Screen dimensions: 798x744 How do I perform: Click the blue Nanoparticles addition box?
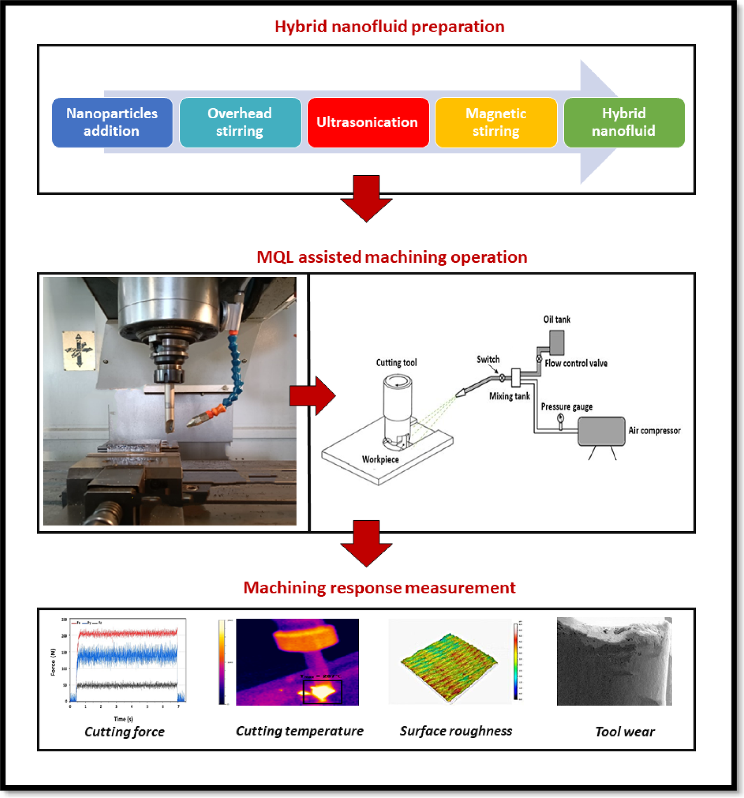(x=112, y=122)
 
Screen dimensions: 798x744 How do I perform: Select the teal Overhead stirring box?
(x=240, y=122)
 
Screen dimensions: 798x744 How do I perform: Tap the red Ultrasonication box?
(x=367, y=122)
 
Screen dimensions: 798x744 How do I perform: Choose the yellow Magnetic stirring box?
(x=496, y=122)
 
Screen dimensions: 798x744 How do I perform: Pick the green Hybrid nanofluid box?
(x=624, y=122)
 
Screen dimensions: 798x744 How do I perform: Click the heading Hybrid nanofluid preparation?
(x=389, y=27)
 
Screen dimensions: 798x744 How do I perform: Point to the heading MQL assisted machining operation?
(x=391, y=257)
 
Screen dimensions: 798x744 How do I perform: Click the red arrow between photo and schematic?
(x=312, y=395)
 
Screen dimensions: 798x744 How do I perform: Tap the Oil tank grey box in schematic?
(x=557, y=342)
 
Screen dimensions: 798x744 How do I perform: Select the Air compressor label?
(x=654, y=431)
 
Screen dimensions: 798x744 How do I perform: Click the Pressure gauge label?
(x=567, y=407)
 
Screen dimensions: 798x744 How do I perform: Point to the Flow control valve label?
(x=576, y=363)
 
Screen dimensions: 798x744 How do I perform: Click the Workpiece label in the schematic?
(x=380, y=459)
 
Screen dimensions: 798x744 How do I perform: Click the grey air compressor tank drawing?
(x=601, y=431)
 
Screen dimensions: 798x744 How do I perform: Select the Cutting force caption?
(x=124, y=732)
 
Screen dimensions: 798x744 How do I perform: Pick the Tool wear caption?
(x=624, y=732)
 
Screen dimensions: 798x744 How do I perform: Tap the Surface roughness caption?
(x=456, y=731)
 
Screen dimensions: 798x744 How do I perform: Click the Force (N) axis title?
(x=53, y=662)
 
